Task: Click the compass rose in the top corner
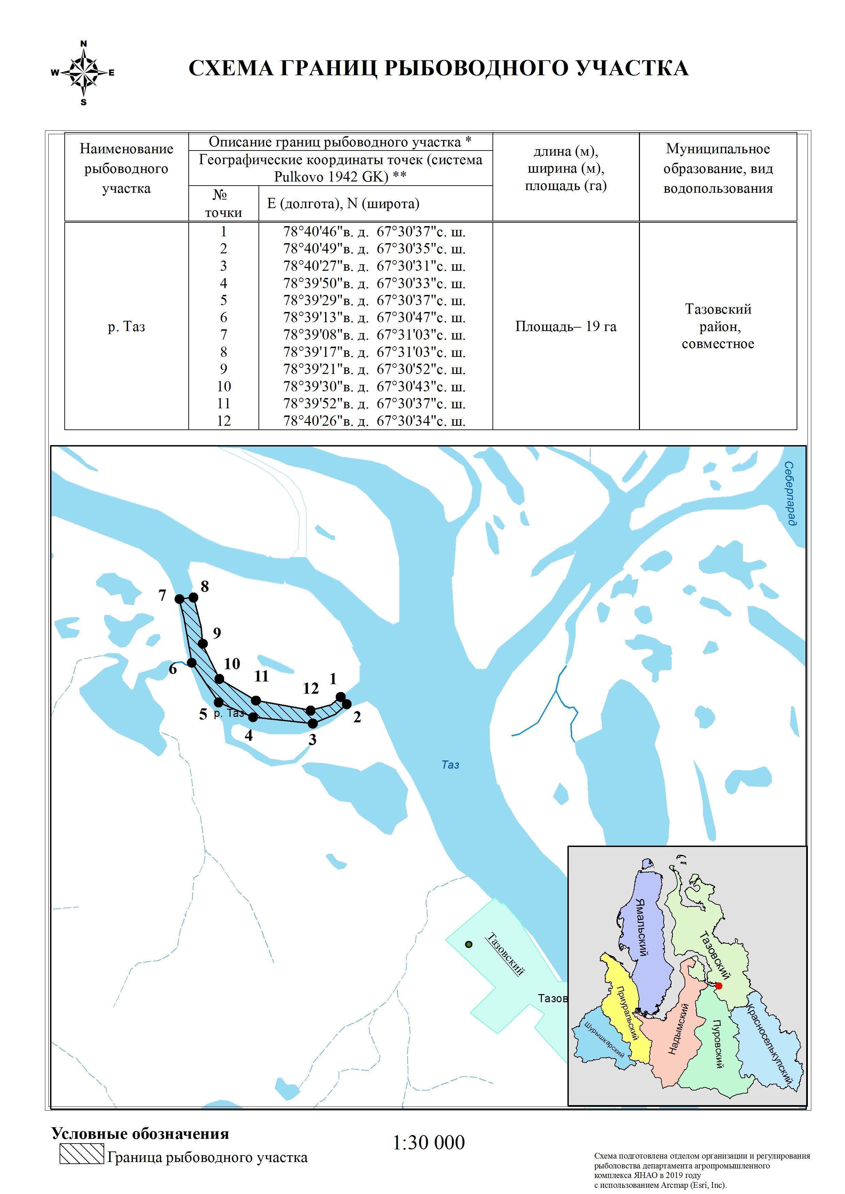(x=83, y=73)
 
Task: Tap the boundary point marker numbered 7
(x=179, y=599)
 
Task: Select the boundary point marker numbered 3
(x=313, y=723)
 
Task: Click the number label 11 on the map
(x=261, y=676)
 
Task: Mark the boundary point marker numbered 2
(x=346, y=704)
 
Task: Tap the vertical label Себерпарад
(x=790, y=493)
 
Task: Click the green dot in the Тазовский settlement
(x=469, y=944)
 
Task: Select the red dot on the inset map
(x=719, y=985)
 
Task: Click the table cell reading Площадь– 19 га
(x=566, y=326)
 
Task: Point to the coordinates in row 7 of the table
(x=374, y=334)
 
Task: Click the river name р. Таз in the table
(x=126, y=327)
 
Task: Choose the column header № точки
(x=223, y=203)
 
